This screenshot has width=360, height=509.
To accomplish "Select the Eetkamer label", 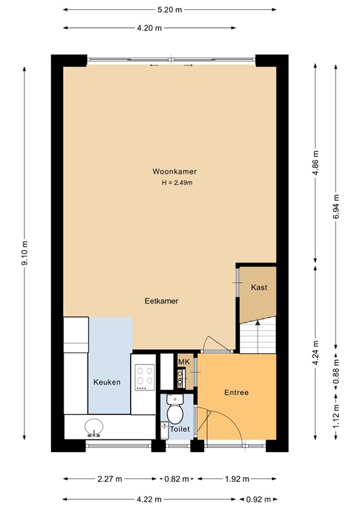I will click(162, 300).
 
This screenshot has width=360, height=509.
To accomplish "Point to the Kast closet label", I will click(258, 288).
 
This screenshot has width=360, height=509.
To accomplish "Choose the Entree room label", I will click(236, 392).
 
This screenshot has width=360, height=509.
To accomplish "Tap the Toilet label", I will click(180, 429).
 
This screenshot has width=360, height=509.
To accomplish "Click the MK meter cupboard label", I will click(184, 361).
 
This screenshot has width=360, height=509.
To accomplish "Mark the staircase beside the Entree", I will click(257, 336).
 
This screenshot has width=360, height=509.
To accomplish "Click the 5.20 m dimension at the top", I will click(170, 9).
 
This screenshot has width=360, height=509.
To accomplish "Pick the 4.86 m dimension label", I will click(316, 162).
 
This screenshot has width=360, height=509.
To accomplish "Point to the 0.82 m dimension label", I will click(178, 479).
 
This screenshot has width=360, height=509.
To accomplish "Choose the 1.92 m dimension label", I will click(237, 479).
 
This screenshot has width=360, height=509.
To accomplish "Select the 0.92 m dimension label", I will click(264, 499).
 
